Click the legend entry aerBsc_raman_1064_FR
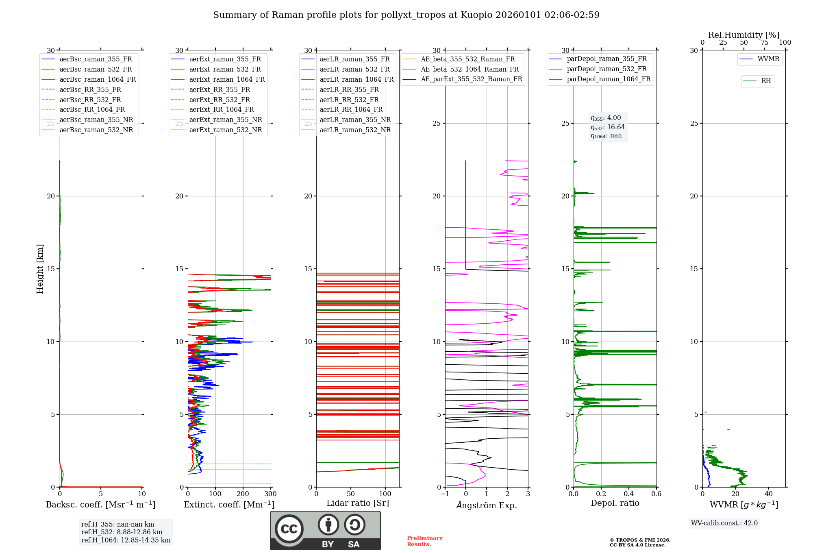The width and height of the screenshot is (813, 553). (x=98, y=80)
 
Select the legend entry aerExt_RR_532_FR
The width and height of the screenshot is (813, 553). (x=220, y=100)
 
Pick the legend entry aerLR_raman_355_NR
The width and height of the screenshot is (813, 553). (x=355, y=120)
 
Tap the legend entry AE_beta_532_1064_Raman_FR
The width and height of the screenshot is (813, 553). (x=470, y=69)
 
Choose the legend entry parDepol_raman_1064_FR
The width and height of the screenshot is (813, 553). (x=609, y=79)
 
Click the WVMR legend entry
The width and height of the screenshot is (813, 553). (x=768, y=59)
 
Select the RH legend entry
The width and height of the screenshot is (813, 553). (x=766, y=81)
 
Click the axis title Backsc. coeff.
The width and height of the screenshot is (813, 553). (x=100, y=505)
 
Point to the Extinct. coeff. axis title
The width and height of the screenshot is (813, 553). (x=229, y=505)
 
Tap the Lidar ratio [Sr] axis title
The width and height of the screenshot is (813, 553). (x=358, y=503)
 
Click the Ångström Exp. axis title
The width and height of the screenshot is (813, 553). (x=487, y=505)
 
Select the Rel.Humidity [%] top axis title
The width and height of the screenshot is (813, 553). (x=743, y=35)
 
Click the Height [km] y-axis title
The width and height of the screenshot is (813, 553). (x=40, y=268)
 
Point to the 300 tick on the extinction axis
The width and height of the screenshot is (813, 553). (x=270, y=494)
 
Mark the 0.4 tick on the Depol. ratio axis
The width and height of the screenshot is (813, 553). (x=629, y=494)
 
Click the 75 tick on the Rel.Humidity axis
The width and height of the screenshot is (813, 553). (x=764, y=42)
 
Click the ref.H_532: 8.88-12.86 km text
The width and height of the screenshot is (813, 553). (x=122, y=532)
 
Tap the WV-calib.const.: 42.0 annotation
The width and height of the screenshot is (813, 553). (x=724, y=523)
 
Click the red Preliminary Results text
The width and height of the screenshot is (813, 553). (x=424, y=541)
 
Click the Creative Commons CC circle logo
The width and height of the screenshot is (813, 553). (x=289, y=529)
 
